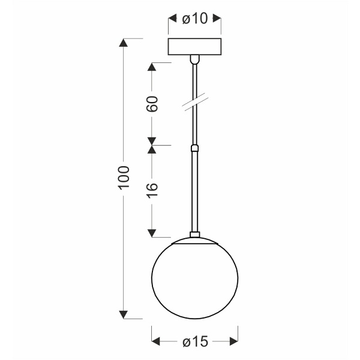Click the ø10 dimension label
tap(194, 19)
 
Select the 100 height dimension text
tap(123, 178)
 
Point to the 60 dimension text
tap(152, 103)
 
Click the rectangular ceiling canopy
tap(194, 47)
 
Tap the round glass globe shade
tap(194, 277)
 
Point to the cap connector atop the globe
tap(194, 236)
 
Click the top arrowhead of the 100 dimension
tap(124, 42)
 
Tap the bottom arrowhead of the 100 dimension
tap(124, 313)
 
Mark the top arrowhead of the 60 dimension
tap(152, 65)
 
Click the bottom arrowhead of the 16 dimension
tap(152, 232)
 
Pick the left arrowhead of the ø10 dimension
tap(170, 19)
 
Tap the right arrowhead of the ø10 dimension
tap(218, 19)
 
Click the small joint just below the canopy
tap(194, 59)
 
